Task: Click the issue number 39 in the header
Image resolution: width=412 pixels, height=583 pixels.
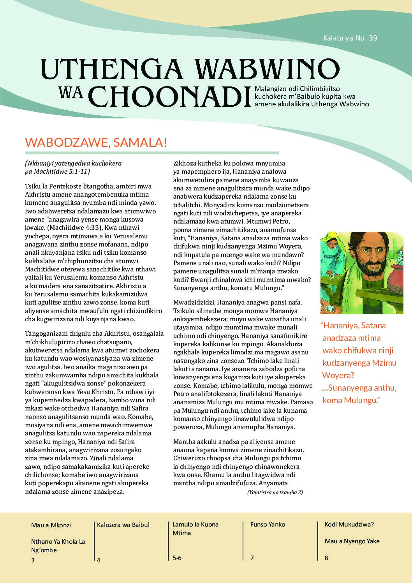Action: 372,38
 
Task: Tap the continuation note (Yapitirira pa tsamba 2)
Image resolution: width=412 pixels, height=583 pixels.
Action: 275,492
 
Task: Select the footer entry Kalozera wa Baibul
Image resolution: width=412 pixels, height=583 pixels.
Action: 123,525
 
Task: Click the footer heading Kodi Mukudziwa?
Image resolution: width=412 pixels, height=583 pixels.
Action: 349,525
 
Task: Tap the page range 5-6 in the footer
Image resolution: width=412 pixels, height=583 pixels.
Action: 177,558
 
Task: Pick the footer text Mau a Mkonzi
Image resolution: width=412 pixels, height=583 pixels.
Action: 51,525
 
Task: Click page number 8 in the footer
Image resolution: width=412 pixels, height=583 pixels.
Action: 326,558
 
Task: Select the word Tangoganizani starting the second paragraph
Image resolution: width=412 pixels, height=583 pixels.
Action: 47,334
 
